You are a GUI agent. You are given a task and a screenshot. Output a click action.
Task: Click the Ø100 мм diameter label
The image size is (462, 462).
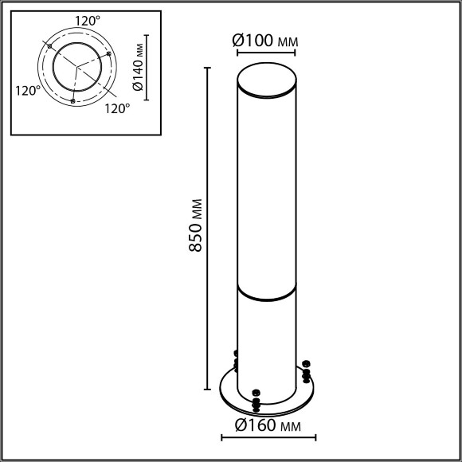tap(265, 41)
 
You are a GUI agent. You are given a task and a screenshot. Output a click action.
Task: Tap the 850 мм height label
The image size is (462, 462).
tap(195, 225)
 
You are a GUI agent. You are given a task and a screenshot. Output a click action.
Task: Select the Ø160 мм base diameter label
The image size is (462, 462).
tap(268, 425)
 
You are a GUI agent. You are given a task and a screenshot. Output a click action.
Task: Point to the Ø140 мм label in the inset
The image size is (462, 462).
tap(138, 67)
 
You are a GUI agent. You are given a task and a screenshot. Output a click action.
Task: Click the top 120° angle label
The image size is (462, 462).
tap(88, 21)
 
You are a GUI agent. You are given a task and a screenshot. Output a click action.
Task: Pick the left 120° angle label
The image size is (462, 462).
tap(28, 91)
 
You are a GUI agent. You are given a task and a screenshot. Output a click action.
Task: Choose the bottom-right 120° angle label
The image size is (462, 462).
tap(117, 108)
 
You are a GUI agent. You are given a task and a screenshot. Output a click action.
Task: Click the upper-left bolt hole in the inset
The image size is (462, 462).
tap(50, 46)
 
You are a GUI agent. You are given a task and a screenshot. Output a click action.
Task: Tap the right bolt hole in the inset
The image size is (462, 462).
tap(108, 53)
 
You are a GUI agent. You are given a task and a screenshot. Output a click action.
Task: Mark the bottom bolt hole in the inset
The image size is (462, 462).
tap(72, 101)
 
